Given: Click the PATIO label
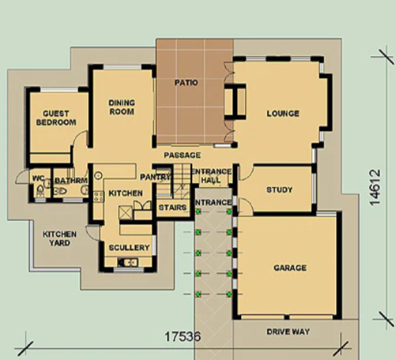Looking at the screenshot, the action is [186, 83].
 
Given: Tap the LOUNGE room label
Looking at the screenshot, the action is [283, 113].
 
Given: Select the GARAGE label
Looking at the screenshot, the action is [290, 268].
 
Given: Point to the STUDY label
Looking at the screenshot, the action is [279, 190].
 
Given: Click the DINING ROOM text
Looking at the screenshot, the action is [122, 107].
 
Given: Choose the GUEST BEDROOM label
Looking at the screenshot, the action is [56, 118].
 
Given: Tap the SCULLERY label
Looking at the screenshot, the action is [129, 247].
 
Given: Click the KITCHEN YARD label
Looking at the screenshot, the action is [59, 238].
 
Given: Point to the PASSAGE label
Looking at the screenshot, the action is [182, 155].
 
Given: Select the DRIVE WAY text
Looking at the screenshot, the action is [288, 332].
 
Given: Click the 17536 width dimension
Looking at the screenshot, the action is [183, 336].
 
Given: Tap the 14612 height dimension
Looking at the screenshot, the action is [375, 187].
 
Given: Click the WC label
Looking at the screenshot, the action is [38, 178].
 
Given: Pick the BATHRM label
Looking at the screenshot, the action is [71, 181].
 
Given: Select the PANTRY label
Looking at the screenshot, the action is [155, 177].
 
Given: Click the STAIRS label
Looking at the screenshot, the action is [173, 208].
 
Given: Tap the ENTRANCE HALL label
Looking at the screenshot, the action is [211, 175].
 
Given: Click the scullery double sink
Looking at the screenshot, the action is [128, 262].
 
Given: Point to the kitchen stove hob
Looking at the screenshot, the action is [99, 196].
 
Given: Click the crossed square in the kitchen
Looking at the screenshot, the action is [126, 213].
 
